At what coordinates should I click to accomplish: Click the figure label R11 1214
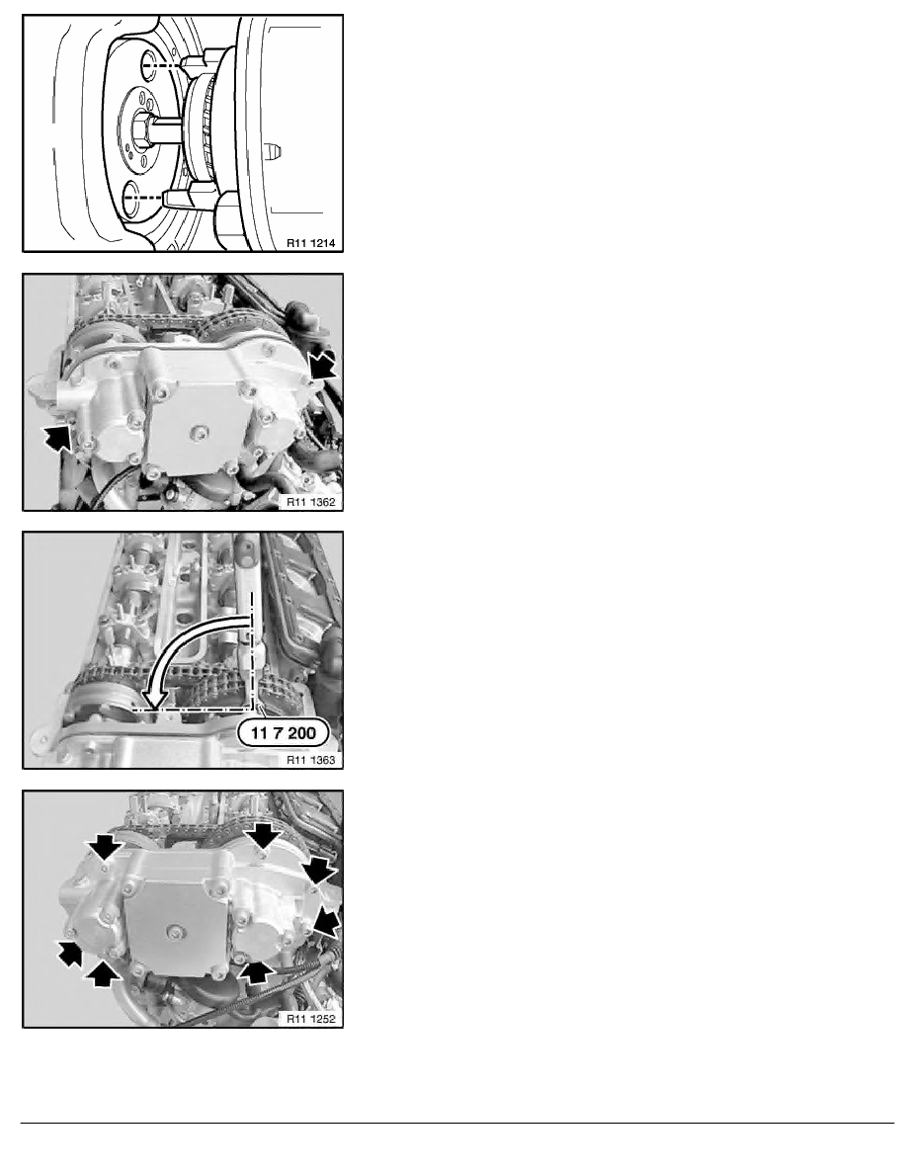pyautogui.click(x=310, y=242)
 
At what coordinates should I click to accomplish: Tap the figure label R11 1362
pyautogui.click(x=310, y=502)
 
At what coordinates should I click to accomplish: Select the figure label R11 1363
pyautogui.click(x=310, y=760)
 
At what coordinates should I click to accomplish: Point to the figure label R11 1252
pyautogui.click(x=310, y=1018)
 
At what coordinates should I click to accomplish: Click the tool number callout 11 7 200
pyautogui.click(x=284, y=733)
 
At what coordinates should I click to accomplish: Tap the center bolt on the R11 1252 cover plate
pyautogui.click(x=174, y=932)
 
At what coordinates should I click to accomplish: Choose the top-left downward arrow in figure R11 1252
pyautogui.click(x=105, y=847)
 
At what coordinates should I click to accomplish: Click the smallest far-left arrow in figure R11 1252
pyautogui.click(x=69, y=954)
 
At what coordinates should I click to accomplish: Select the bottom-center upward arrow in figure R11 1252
pyautogui.click(x=255, y=971)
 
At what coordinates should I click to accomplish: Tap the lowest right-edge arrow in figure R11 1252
pyautogui.click(x=327, y=920)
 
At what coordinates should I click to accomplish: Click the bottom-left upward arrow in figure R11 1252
pyautogui.click(x=104, y=974)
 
